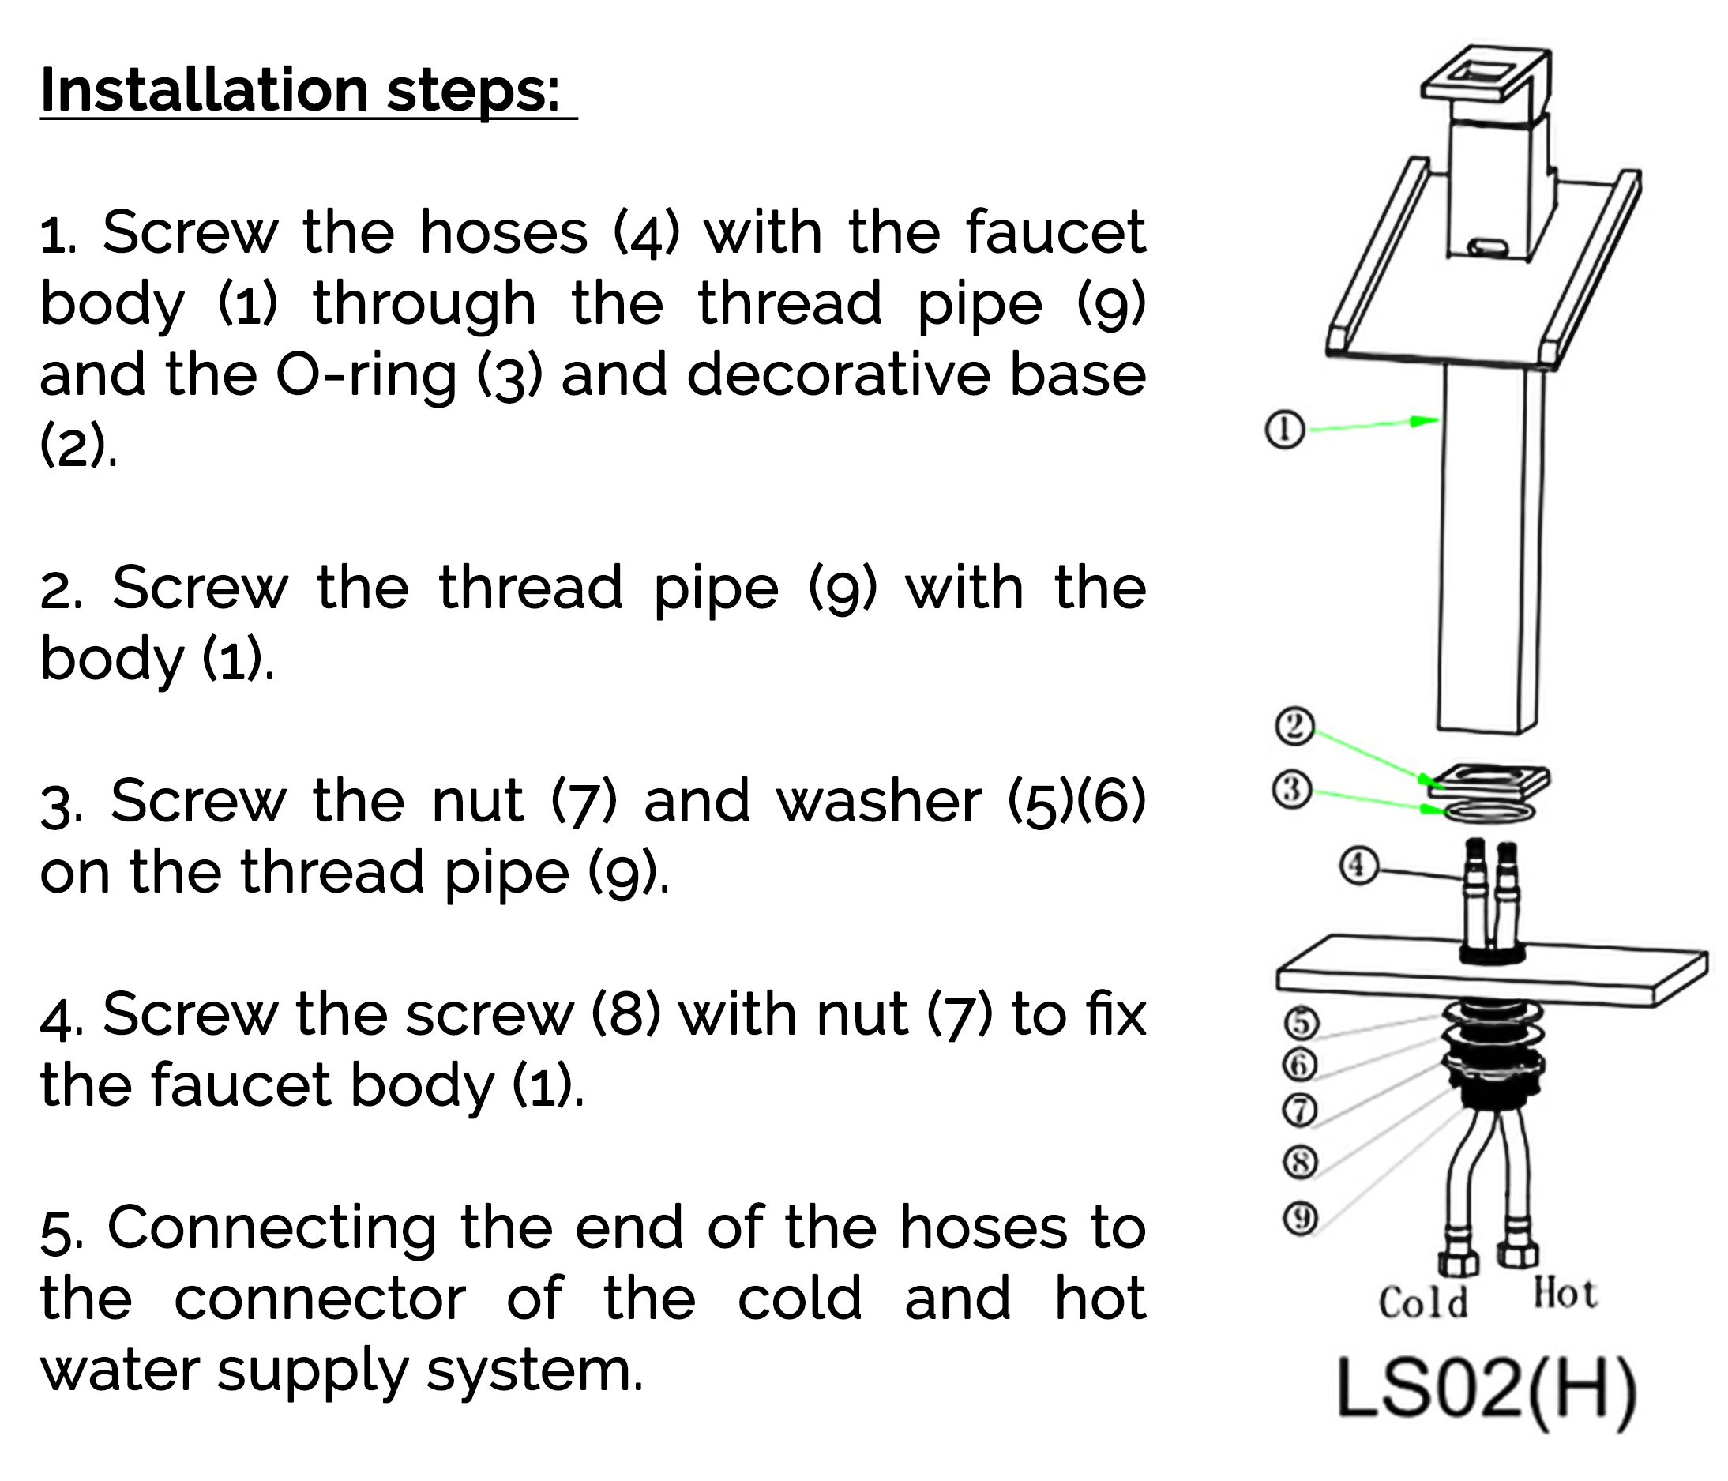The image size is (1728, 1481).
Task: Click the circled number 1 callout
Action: click(x=1285, y=430)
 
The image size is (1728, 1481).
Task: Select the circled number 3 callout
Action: click(x=1292, y=789)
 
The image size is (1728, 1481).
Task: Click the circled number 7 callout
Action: click(x=1299, y=1109)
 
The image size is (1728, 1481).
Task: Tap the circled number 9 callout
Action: click(x=1299, y=1218)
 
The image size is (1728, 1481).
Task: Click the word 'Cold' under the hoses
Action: click(x=1423, y=1303)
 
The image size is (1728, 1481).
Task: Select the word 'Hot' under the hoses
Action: click(x=1565, y=1295)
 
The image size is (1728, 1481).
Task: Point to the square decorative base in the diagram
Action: click(x=1489, y=781)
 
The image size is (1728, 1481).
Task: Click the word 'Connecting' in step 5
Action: click(x=272, y=1227)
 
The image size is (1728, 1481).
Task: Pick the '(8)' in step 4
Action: click(x=625, y=1015)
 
